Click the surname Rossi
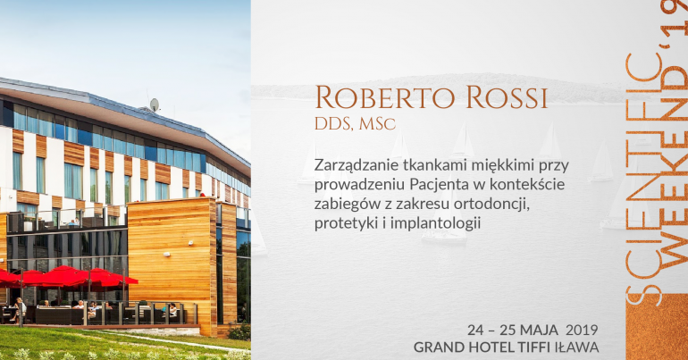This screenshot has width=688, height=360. (x=507, y=96)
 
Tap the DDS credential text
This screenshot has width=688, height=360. (x=333, y=124)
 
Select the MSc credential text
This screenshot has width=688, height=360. (x=377, y=124)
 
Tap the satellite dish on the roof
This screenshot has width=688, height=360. (x=154, y=105)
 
